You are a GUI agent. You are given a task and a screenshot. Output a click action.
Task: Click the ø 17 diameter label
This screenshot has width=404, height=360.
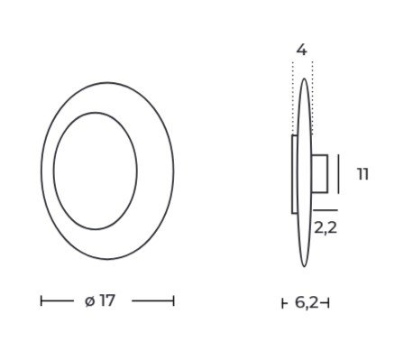[x=100, y=300]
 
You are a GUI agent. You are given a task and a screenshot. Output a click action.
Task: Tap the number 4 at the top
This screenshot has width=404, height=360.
[x=302, y=50]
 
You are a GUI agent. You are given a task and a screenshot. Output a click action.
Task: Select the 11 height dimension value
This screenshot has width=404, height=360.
[x=363, y=174]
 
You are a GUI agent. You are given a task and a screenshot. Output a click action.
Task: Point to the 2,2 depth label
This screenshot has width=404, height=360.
[x=326, y=228]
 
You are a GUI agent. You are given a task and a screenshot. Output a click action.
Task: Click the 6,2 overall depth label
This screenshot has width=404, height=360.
[x=307, y=302]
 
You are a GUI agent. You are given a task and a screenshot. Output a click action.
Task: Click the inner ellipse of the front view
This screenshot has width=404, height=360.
[x=54, y=171]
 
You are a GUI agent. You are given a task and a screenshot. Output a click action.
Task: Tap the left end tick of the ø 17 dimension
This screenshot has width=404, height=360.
[x=41, y=300]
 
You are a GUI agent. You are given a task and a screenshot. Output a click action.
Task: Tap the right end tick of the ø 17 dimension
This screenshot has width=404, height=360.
[x=173, y=300]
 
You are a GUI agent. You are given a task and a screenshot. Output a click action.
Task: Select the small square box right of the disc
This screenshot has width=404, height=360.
[x=319, y=173]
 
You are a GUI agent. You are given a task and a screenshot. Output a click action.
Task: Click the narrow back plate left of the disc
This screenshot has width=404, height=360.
[x=295, y=174]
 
